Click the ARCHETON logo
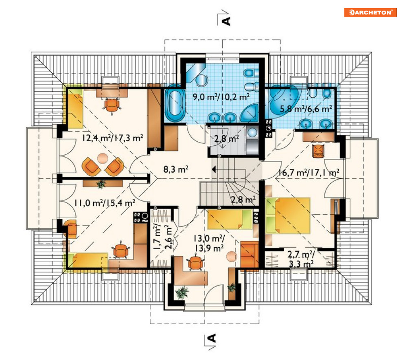coord(370,12)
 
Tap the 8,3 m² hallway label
coord(176,169)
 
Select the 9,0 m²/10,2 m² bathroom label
coord(221,97)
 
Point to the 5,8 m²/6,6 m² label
coord(306,109)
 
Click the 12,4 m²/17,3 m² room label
coord(113,138)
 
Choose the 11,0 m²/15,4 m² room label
coord(105,203)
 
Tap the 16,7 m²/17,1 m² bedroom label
coord(309,172)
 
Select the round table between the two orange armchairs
coord(103,158)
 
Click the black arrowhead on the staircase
coord(214,169)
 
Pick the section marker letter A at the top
coord(227,21)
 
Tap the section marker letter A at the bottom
coord(212,338)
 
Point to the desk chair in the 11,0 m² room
coord(120,250)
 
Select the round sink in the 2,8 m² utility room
coord(252,133)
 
